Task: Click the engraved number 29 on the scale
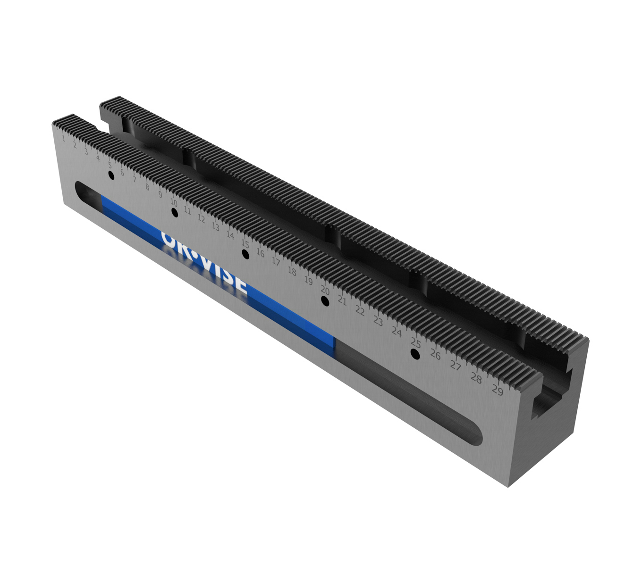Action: [497, 390]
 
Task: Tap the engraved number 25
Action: [415, 342]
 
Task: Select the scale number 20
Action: [325, 290]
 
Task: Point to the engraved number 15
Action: [245, 243]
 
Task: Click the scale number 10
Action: [174, 202]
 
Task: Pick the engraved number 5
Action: [110, 166]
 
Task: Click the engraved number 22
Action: [360, 310]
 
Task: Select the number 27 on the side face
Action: [455, 366]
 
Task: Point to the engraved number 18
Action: [292, 271]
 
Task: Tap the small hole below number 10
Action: [174, 213]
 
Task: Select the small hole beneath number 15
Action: [245, 254]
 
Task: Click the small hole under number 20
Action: [325, 300]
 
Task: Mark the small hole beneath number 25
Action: [415, 354]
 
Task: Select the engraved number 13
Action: [215, 227]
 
